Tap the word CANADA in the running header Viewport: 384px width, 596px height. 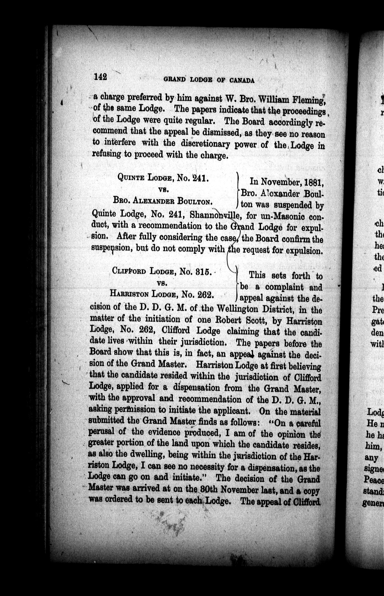242,81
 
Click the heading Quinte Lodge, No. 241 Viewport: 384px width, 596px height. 163,177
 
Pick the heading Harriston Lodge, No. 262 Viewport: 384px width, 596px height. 162,294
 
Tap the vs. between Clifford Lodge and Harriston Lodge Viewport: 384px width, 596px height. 161,283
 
